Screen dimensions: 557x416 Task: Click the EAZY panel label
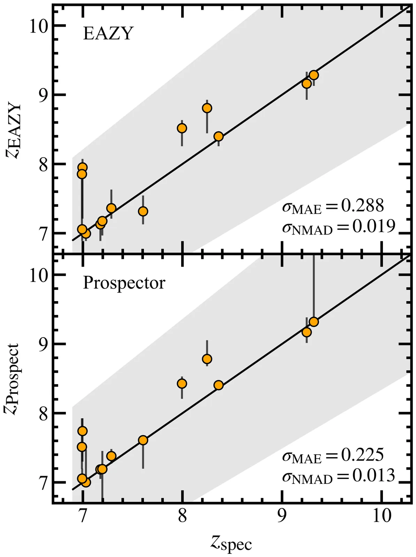click(x=108, y=34)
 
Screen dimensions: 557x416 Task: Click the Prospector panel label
click(x=124, y=283)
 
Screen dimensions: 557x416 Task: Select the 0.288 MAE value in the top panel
click(x=362, y=206)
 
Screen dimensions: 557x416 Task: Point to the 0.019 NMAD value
click(x=373, y=227)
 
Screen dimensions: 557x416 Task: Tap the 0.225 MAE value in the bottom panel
click(x=362, y=455)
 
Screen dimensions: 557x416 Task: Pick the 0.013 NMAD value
click(x=373, y=476)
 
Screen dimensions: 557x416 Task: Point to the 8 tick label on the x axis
click(x=182, y=516)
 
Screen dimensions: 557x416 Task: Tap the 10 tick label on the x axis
click(x=382, y=516)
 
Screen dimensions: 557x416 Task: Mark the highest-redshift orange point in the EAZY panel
click(x=314, y=75)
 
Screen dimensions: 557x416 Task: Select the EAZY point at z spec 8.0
click(x=182, y=128)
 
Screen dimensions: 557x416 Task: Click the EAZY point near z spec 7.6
click(x=143, y=211)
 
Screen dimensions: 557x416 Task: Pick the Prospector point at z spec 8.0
click(x=182, y=384)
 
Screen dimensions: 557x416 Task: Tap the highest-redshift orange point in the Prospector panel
click(x=314, y=322)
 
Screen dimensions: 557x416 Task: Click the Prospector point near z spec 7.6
click(x=143, y=440)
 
